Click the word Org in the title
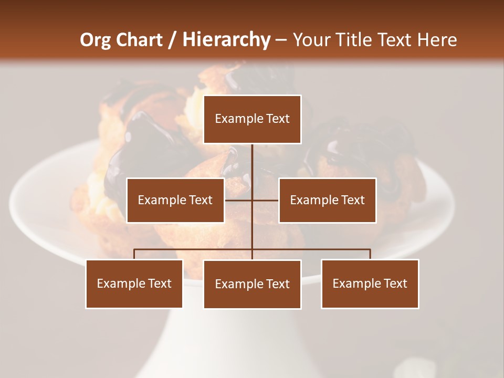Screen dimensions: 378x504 click(x=96, y=40)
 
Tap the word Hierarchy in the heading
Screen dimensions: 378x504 click(x=226, y=40)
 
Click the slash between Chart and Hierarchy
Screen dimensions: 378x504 click(x=172, y=40)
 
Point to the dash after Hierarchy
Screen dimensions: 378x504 click(x=281, y=40)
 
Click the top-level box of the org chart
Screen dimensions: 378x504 click(x=252, y=119)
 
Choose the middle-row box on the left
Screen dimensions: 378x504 click(x=175, y=200)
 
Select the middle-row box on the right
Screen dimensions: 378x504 click(x=327, y=200)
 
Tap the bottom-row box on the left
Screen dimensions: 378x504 click(x=134, y=283)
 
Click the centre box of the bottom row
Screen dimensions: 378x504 click(x=252, y=284)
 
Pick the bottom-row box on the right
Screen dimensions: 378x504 click(x=370, y=283)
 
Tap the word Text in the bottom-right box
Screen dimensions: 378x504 click(x=394, y=283)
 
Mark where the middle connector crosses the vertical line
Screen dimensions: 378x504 click(x=252, y=200)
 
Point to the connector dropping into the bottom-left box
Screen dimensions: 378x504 click(x=134, y=254)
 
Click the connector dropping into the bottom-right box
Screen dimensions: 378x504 click(x=370, y=254)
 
